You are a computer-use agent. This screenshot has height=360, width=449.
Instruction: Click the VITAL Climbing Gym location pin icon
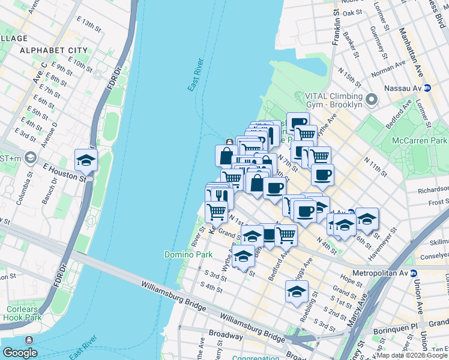pos(372,98)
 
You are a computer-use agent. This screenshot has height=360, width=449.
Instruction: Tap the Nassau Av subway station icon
pos(427,88)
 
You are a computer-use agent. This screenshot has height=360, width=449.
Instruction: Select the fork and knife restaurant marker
pos(221,196)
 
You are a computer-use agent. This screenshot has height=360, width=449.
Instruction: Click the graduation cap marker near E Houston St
pos(86,160)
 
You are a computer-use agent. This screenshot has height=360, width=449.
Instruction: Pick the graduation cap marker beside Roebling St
pos(297,292)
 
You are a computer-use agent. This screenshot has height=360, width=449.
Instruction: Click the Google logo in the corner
pos(20,353)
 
